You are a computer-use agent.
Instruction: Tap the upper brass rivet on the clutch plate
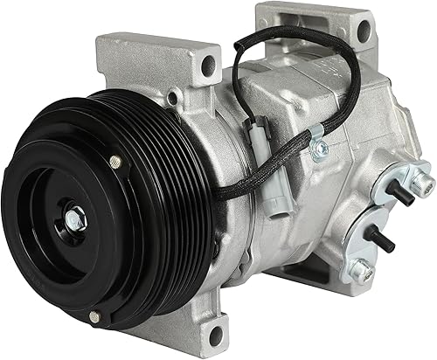pos(114,160)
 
